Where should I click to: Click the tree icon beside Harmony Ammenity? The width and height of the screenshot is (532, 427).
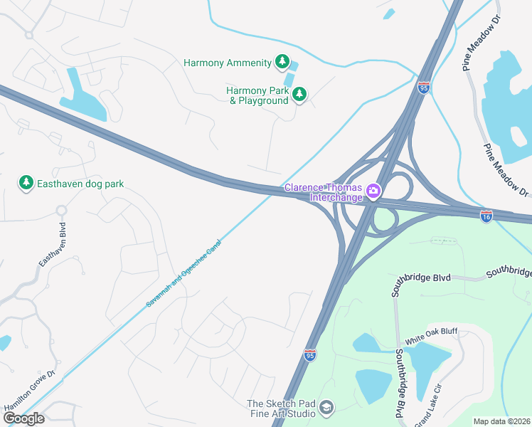point(282,63)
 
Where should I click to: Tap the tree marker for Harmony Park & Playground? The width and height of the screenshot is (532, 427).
point(299,95)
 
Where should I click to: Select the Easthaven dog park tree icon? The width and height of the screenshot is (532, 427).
point(26,184)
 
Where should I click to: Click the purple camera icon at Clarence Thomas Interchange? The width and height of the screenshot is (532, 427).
point(373,191)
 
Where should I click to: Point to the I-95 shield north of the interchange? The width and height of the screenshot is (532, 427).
point(423,88)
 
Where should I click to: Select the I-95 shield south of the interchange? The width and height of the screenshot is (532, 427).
point(309,354)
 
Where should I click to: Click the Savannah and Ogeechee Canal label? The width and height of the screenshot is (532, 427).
point(184,274)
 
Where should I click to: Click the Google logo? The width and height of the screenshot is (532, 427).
point(23,418)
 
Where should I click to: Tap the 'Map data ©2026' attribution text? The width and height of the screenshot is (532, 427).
point(501,421)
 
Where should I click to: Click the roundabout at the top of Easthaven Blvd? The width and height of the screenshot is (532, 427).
point(60,211)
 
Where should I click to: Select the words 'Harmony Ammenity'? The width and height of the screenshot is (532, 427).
point(227,63)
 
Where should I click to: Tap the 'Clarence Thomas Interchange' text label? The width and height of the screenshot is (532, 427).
point(324,192)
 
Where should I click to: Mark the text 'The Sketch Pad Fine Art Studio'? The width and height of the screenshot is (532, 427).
point(281,408)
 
